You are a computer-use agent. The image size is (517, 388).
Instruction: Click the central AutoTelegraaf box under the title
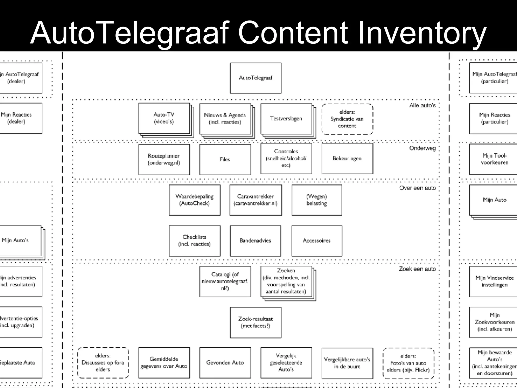pyautogui.click(x=255, y=78)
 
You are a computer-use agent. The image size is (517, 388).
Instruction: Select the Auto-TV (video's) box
pyautogui.click(x=164, y=118)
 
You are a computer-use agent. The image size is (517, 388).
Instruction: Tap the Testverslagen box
pyautogui.click(x=286, y=118)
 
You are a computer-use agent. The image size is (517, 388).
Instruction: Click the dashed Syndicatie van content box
pyautogui.click(x=347, y=119)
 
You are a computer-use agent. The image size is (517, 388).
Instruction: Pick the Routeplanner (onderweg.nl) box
pyautogui.click(x=164, y=159)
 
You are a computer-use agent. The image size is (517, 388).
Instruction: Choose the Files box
pyautogui.click(x=225, y=159)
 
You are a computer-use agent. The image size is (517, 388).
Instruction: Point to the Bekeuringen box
pyautogui.click(x=347, y=158)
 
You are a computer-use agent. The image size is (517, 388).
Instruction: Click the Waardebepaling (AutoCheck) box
pyautogui.click(x=194, y=200)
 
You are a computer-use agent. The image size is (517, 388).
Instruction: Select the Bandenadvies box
pyautogui.click(x=255, y=241)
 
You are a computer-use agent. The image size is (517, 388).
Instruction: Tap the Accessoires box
pyautogui.click(x=317, y=241)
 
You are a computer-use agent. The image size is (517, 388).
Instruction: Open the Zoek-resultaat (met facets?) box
pyautogui.click(x=255, y=322)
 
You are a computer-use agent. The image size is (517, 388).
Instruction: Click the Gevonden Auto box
pyautogui.click(x=225, y=363)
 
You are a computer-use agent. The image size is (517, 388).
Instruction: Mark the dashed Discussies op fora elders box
pyautogui.click(x=103, y=363)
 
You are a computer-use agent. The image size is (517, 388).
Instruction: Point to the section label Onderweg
pyautogui.click(x=422, y=148)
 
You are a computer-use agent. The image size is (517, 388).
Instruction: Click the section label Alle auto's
pyautogui.click(x=422, y=106)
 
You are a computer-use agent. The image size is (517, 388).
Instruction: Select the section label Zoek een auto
pyautogui.click(x=417, y=269)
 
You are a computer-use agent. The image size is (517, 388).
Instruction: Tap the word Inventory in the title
pyautogui.click(x=422, y=33)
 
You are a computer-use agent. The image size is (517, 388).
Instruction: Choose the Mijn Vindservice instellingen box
pyautogui.click(x=494, y=281)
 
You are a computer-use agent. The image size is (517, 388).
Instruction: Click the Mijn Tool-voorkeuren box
pyautogui.click(x=494, y=159)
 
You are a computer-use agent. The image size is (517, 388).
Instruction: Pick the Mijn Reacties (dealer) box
pyautogui.click(x=18, y=118)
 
